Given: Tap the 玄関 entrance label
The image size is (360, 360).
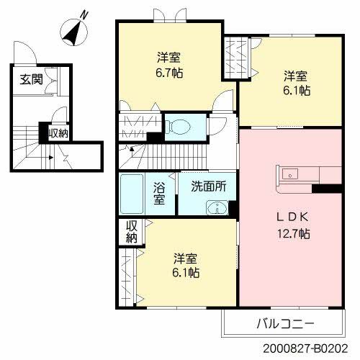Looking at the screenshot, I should coord(30,79).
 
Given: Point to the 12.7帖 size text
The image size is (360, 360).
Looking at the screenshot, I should coord(293,233).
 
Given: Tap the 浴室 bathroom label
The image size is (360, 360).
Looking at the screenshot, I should coord(159,192).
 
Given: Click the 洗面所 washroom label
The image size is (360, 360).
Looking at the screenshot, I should coord(208,185).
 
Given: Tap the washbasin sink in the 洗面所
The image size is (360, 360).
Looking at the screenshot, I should coord(215,209).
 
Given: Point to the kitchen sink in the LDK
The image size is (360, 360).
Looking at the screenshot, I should coord(291,174).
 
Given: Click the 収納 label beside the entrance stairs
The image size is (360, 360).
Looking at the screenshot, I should coord(58,132).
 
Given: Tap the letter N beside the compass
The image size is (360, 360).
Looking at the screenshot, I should coord(86,14).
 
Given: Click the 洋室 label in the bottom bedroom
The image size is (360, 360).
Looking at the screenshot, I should coord(185,258).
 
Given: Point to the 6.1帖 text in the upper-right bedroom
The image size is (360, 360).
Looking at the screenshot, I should coord(296,91).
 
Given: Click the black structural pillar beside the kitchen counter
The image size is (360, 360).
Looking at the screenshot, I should coord(325,189).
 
